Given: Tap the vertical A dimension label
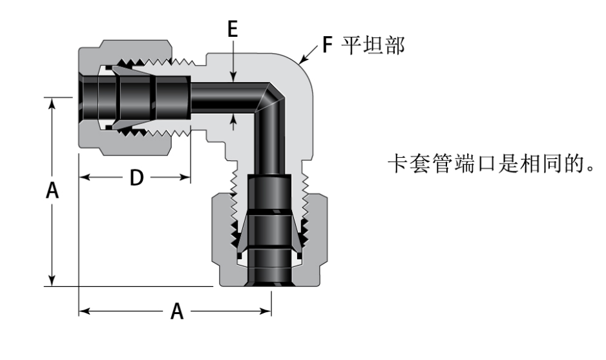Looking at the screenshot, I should pyautogui.click(x=54, y=192).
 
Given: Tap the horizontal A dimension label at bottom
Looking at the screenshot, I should pyautogui.click(x=176, y=312).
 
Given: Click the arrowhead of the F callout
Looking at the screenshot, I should pyautogui.click(x=302, y=63).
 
